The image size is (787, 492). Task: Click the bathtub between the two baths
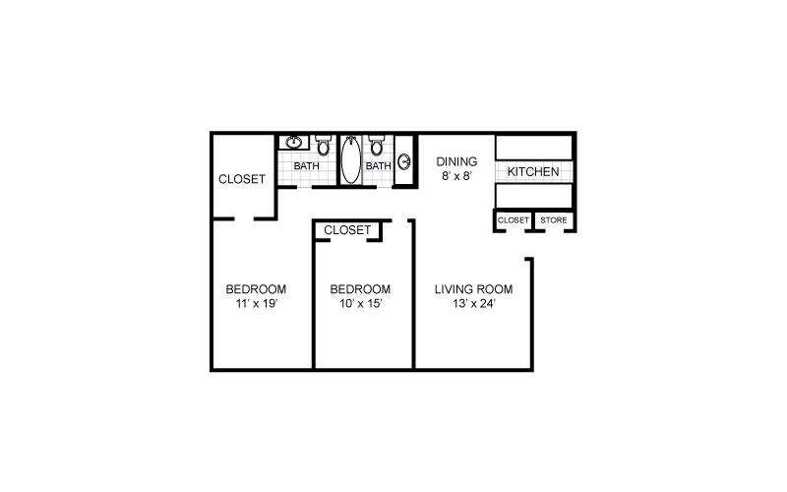(350, 160)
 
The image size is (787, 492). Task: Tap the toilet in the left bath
(323, 148)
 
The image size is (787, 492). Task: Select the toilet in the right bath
(376, 149)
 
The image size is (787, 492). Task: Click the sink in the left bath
(292, 144)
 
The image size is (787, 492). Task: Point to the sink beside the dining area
(404, 161)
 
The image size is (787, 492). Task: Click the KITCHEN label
(533, 172)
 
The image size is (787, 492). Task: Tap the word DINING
(456, 162)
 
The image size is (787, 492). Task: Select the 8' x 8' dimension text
(456, 178)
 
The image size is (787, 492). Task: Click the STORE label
(554, 219)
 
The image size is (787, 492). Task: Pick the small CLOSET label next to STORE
(514, 219)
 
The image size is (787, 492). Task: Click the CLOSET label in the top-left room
(242, 179)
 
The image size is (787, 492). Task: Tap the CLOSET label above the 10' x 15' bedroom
(347, 230)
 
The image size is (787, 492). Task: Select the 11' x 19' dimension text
(256, 304)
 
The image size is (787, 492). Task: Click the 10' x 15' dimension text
(359, 304)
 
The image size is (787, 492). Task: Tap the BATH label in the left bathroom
(306, 166)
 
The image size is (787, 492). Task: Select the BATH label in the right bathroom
(379, 166)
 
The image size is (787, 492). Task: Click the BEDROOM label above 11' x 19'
(256, 289)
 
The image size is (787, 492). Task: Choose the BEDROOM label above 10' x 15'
(359, 289)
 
